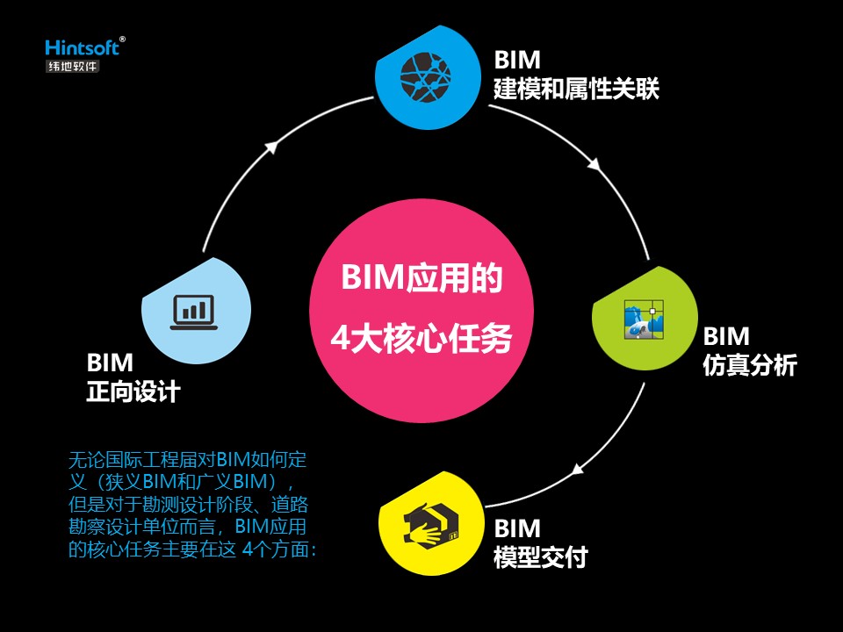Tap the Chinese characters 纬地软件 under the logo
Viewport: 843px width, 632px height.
(x=73, y=66)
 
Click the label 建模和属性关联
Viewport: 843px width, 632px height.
(x=576, y=89)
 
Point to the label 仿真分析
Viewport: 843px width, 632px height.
(x=749, y=365)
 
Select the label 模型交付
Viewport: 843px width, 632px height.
(x=541, y=557)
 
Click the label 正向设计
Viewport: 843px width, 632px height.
(x=133, y=391)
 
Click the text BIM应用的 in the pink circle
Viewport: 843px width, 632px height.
(x=421, y=279)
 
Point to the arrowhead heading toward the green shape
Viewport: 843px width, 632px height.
(x=594, y=163)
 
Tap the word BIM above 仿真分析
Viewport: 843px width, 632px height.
(x=726, y=336)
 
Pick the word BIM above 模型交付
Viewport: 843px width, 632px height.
(x=517, y=528)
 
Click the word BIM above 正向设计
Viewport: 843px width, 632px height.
(x=110, y=363)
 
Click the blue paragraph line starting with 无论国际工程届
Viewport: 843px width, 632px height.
(x=187, y=459)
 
